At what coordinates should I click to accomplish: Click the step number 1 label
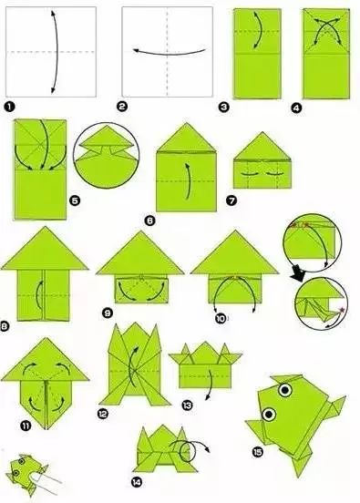click(10, 107)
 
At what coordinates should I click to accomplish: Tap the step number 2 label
click(122, 107)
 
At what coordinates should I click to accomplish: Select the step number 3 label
click(223, 107)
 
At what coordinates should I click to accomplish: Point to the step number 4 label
click(296, 108)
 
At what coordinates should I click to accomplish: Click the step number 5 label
click(75, 201)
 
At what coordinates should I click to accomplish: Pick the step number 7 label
click(231, 200)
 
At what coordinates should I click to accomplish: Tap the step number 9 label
click(108, 313)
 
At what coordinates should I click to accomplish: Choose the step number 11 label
click(26, 426)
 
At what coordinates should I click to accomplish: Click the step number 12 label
click(103, 414)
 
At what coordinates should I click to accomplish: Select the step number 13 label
click(187, 405)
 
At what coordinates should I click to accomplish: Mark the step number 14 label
click(137, 482)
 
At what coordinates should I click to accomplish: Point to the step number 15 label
click(257, 452)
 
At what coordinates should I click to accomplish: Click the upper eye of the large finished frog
click(285, 390)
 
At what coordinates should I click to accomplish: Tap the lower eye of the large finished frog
click(269, 414)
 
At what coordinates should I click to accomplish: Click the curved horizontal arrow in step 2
click(170, 53)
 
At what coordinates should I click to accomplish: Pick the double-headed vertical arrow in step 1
click(56, 52)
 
